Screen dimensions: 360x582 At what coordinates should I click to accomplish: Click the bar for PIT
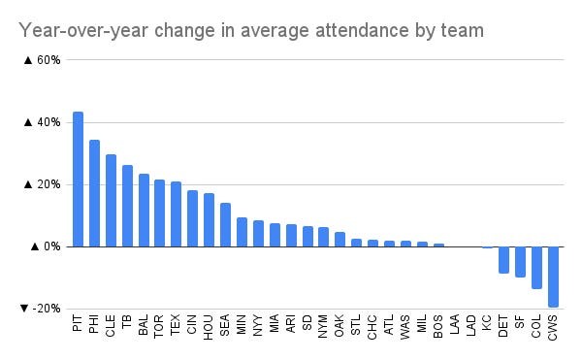pos(78,180)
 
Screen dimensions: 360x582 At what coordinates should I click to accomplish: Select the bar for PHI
pos(94,193)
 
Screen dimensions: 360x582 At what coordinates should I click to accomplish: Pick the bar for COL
pos(536,267)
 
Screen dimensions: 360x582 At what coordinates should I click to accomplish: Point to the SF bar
pos(520,261)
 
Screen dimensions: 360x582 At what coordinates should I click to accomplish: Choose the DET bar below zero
pos(503,259)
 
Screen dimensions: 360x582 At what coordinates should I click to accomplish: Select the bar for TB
pos(127,206)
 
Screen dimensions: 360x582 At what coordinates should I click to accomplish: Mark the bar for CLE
pos(111,201)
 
